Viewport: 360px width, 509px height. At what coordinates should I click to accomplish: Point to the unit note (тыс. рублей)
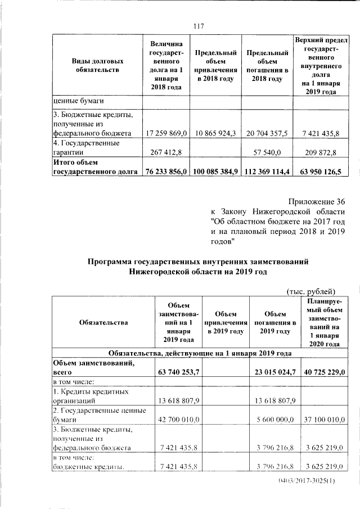pyautogui.click(x=311, y=291)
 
